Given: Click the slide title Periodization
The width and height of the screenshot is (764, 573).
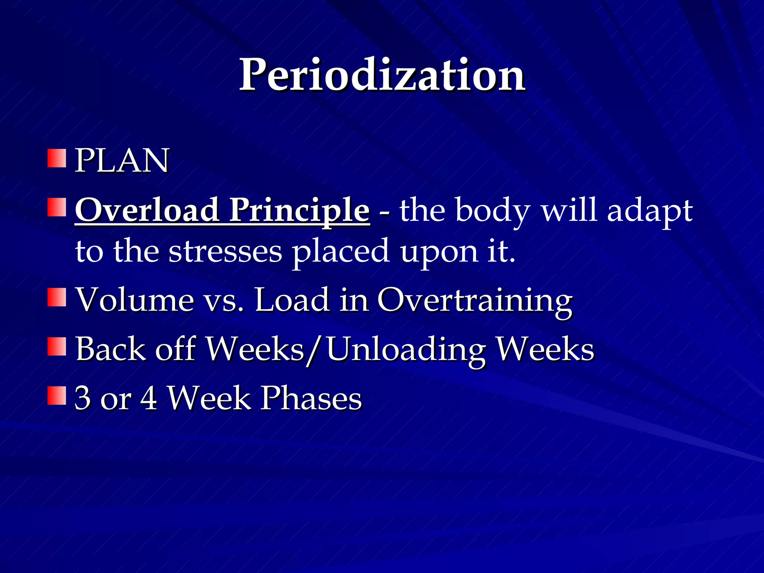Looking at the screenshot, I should click(x=382, y=76).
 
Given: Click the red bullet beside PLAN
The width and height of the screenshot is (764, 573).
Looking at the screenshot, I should click(x=57, y=159).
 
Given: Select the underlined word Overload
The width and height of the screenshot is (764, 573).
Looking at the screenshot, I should click(x=147, y=210).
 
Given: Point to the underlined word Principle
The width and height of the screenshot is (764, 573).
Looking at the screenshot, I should click(x=299, y=211).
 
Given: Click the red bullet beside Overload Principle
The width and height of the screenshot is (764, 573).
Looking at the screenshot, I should click(x=57, y=207).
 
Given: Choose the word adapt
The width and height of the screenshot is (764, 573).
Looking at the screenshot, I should click(x=650, y=211).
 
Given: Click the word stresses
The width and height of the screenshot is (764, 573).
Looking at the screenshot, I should click(x=225, y=251).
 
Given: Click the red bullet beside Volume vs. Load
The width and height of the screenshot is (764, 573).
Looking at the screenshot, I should click(x=57, y=297).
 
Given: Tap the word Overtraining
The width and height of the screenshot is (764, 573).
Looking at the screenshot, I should click(x=475, y=301).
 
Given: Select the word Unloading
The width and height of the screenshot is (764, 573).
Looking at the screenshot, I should click(x=406, y=350).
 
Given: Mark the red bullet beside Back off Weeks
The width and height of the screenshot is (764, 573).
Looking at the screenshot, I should click(x=57, y=347).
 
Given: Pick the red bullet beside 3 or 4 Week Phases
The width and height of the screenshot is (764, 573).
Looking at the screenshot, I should click(x=57, y=396).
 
